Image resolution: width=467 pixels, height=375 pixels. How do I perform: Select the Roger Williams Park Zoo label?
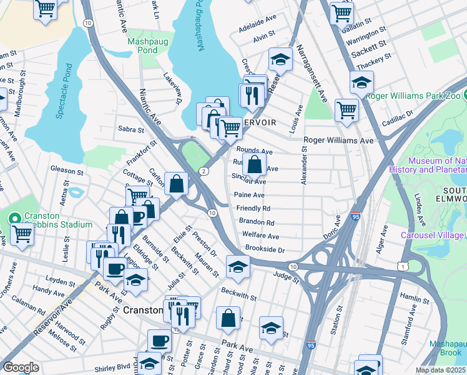click(417, 96)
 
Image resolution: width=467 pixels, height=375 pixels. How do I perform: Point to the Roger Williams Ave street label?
click(338, 141)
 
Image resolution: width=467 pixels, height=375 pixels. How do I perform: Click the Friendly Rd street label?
click(253, 208)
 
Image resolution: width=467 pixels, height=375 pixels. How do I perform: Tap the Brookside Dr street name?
click(265, 249)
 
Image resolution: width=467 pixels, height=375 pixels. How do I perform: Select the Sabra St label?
click(131, 129)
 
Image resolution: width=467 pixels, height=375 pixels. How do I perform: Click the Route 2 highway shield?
click(204, 171)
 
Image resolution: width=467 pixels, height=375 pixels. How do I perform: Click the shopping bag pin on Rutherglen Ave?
click(255, 166)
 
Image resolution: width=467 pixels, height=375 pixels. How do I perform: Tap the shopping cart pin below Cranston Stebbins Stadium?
click(22, 234)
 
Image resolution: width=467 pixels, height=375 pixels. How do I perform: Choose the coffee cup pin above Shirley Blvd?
click(159, 341)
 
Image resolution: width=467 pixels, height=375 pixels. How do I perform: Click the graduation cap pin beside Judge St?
click(238, 267)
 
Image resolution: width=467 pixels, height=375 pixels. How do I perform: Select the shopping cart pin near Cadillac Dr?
click(347, 111)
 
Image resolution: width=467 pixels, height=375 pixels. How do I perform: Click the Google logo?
click(21, 367)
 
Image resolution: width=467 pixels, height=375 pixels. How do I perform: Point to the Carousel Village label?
click(431, 235)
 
